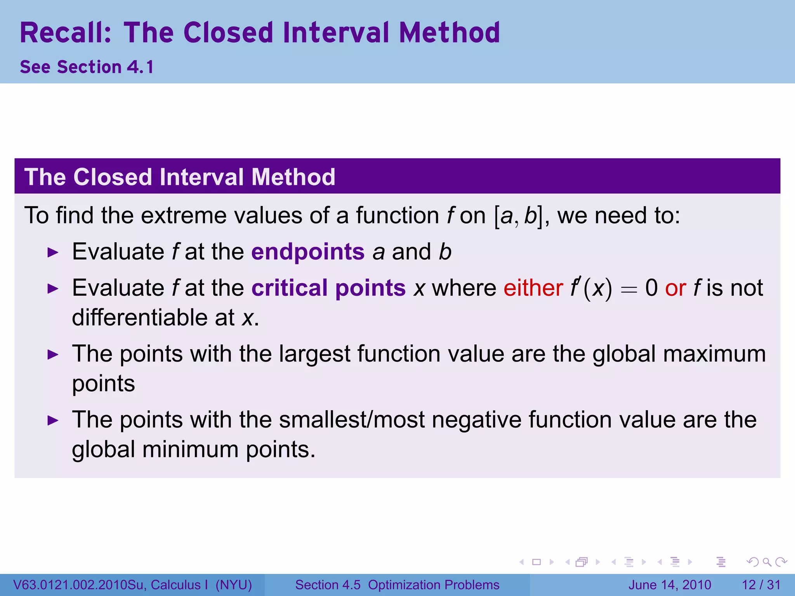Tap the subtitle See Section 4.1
[x=87, y=67]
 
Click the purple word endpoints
[x=308, y=252]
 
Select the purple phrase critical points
[x=328, y=288]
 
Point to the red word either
[x=533, y=288]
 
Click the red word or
[x=675, y=288]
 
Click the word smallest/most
[x=352, y=420]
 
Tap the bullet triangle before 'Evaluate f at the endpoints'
[x=52, y=253]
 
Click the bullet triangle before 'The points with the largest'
[x=52, y=355]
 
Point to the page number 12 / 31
[x=761, y=585]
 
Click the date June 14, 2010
[x=670, y=585]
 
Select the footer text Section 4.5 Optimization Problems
[x=397, y=585]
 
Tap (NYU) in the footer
[x=234, y=585]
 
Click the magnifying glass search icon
[x=767, y=562]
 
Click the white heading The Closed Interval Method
[x=180, y=177]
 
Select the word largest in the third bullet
[x=314, y=354]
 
